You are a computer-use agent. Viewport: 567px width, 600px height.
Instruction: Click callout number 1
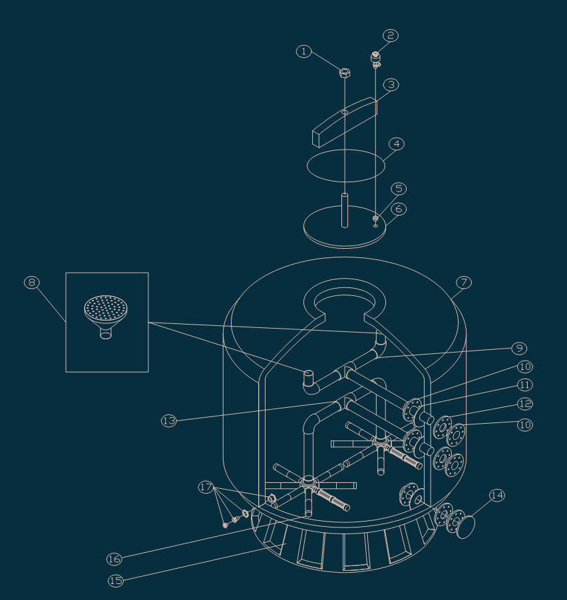click(x=303, y=51)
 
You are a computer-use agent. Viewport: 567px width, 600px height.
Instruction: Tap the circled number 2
click(x=391, y=35)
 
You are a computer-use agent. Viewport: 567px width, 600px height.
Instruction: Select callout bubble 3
click(x=391, y=84)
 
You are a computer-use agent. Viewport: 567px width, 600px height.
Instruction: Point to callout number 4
click(x=397, y=144)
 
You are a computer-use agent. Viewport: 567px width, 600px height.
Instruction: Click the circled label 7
click(x=464, y=282)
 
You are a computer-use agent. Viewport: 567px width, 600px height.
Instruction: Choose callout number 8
click(x=31, y=282)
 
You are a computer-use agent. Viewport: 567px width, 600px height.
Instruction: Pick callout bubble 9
click(x=519, y=348)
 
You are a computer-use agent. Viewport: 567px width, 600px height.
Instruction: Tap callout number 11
click(x=525, y=385)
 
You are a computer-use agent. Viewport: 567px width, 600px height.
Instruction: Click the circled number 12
click(x=525, y=404)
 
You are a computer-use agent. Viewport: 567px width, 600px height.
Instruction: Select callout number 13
click(x=169, y=420)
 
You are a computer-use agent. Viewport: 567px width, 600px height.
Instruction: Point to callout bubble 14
click(x=497, y=496)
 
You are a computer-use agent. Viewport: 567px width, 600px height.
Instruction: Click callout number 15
click(x=116, y=581)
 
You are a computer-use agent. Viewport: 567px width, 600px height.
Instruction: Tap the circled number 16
click(x=114, y=559)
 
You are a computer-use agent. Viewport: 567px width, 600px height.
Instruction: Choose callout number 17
click(x=206, y=488)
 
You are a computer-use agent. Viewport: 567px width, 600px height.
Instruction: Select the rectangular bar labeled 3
click(x=344, y=122)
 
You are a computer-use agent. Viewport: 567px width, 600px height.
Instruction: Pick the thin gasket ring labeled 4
click(x=345, y=166)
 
